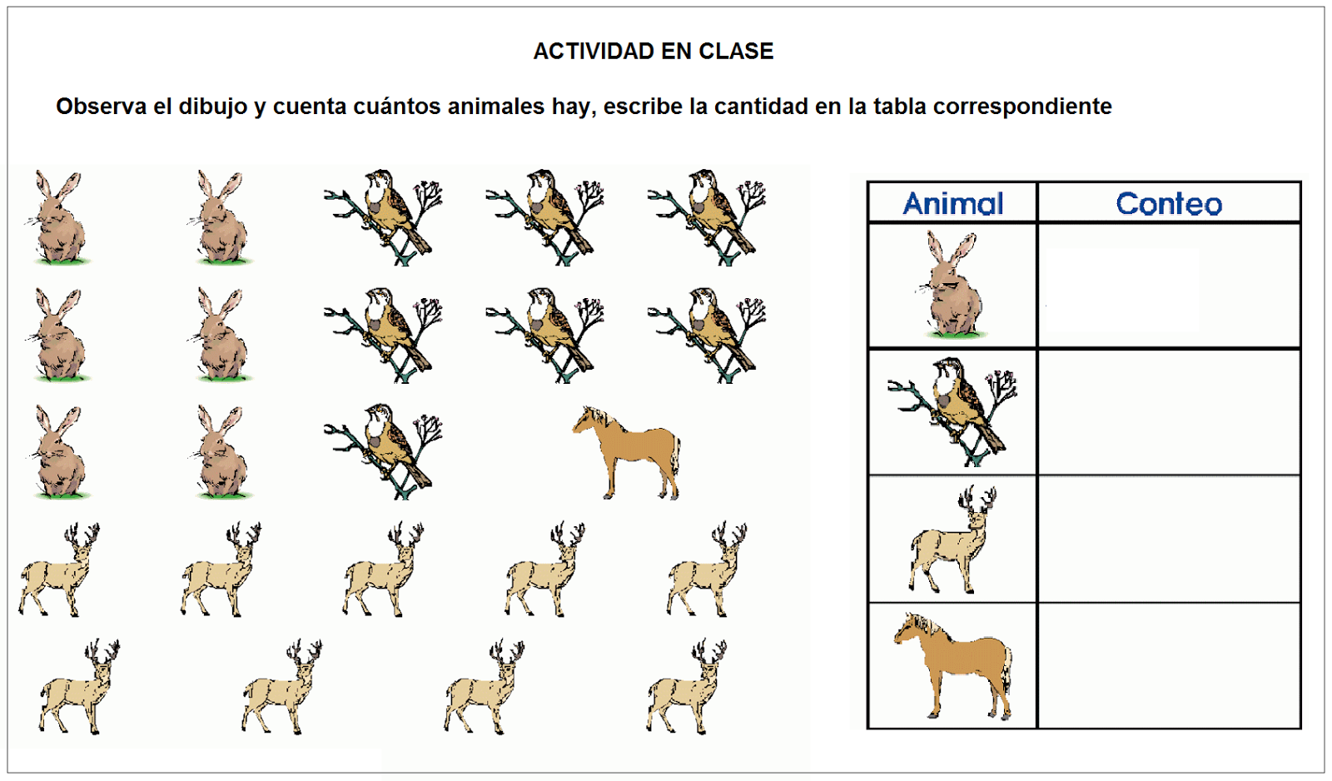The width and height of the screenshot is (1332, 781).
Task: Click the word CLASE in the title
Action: (736, 52)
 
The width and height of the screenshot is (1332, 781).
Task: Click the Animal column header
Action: (952, 203)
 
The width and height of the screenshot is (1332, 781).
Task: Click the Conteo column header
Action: (1169, 203)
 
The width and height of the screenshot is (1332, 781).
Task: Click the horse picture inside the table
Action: (952, 666)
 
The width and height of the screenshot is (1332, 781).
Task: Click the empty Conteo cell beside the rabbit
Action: (1169, 286)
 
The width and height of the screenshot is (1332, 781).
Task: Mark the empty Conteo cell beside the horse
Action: (1169, 666)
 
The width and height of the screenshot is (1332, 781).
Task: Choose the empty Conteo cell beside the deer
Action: (1169, 540)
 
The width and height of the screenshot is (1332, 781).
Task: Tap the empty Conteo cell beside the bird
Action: (1169, 412)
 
